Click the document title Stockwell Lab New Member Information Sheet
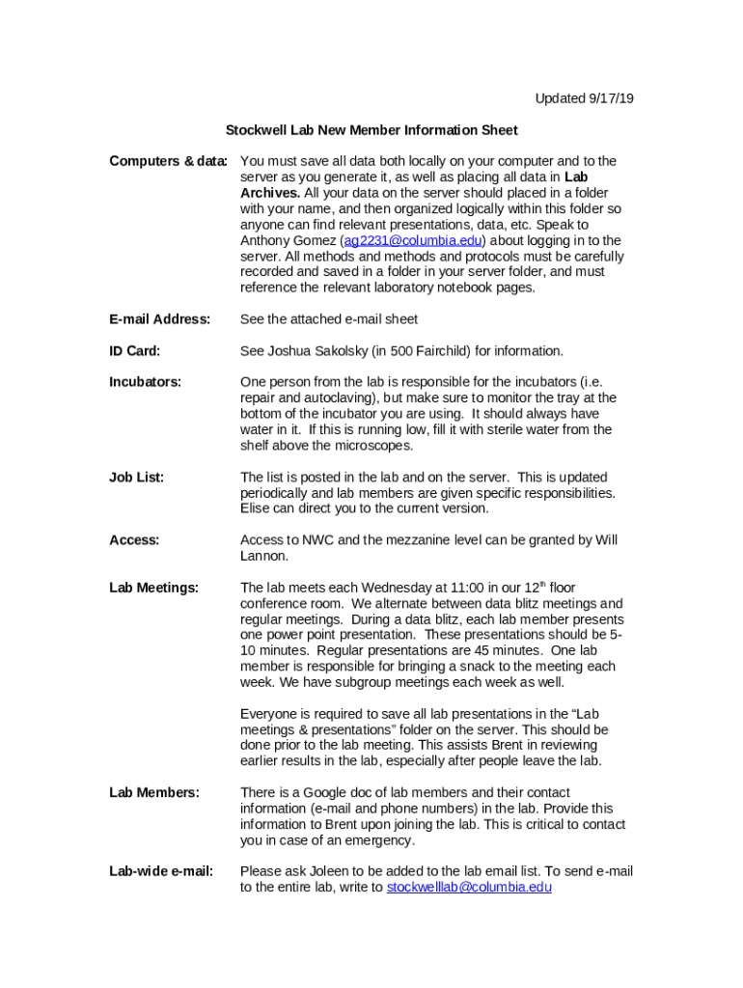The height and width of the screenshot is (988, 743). [371, 130]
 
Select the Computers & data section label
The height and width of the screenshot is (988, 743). [168, 161]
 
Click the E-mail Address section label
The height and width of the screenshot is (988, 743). [159, 319]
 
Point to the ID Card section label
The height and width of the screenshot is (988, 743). [134, 350]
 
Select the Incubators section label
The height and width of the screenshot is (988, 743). [145, 382]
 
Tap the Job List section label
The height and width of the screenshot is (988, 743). [136, 477]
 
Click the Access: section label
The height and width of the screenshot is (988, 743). [134, 540]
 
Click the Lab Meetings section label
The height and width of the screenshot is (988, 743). [153, 588]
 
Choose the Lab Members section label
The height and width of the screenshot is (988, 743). [154, 792]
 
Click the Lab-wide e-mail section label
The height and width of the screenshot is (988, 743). [161, 871]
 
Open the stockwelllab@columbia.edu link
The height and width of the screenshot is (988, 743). [469, 887]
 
